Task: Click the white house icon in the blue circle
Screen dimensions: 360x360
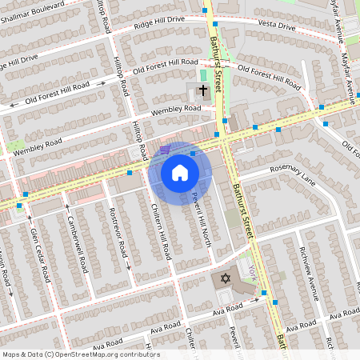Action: click(180, 172)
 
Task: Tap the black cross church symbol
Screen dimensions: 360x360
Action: click(202, 90)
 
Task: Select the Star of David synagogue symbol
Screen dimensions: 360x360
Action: click(226, 278)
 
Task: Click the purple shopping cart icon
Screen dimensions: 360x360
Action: click(165, 149)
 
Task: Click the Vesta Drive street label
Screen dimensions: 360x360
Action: click(277, 26)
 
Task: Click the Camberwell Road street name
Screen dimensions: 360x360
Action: click(77, 244)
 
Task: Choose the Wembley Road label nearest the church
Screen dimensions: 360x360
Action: click(175, 110)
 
